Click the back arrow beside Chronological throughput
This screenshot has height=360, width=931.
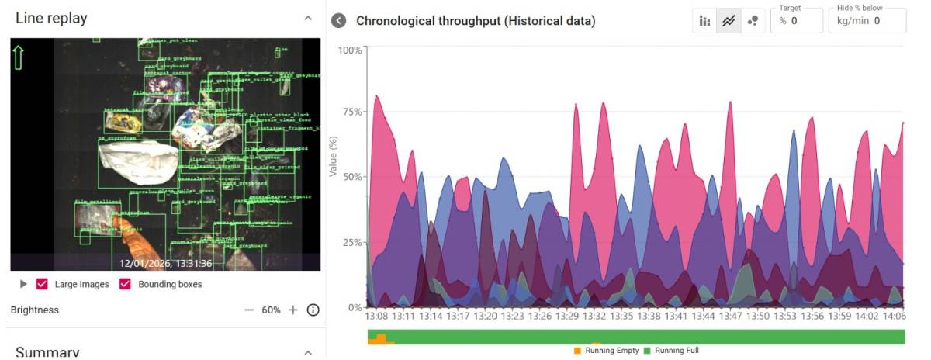point(338,20)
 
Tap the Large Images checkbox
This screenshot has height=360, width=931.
point(43,284)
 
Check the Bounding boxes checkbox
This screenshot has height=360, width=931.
point(124,284)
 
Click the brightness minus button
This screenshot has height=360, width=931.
point(249,310)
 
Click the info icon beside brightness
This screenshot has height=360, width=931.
point(313,310)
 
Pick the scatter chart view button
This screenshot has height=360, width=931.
point(752,21)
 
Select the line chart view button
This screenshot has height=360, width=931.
point(729,21)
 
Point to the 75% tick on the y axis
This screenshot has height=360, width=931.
point(351,112)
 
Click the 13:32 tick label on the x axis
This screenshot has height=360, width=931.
point(594,317)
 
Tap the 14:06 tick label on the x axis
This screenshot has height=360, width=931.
point(895,317)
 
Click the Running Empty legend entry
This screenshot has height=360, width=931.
point(606,351)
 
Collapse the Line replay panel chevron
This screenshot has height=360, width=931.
point(308,18)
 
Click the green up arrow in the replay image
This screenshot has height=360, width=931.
point(19,56)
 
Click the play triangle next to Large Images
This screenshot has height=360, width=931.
point(23,284)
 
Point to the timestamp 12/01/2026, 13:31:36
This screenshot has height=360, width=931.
point(165,263)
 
